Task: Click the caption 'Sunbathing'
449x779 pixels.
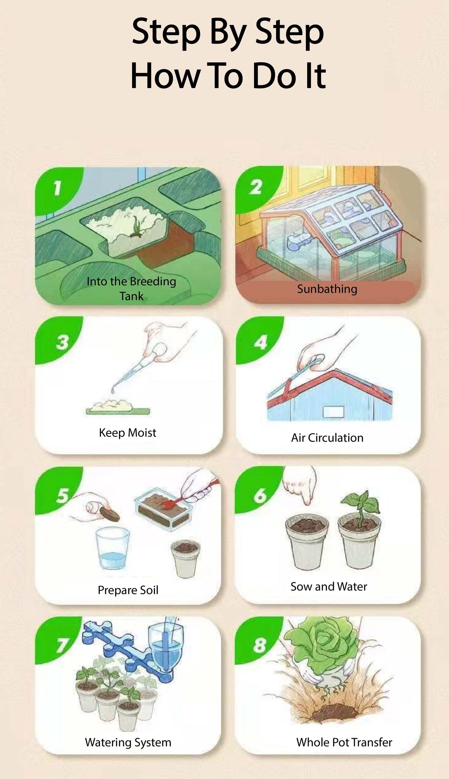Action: coord(327,289)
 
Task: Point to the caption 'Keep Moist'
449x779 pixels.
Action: coord(128,433)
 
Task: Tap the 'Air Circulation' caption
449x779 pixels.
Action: coord(327,438)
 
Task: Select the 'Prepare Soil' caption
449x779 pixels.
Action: coord(128,590)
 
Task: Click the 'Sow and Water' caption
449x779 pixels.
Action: coord(329,586)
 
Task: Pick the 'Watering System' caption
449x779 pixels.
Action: coord(128,742)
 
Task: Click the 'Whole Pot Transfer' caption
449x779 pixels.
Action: coord(344,742)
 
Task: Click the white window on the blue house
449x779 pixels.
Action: coord(334,412)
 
